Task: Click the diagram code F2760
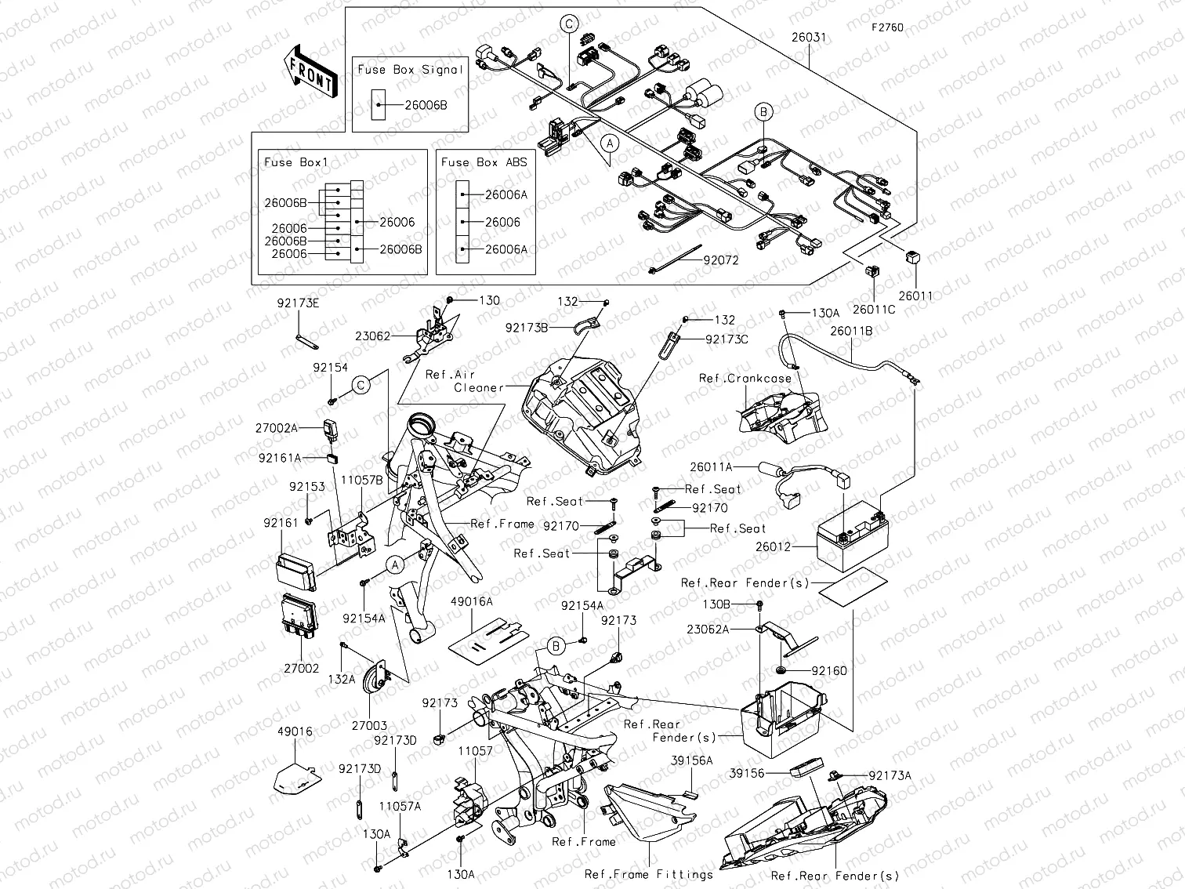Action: [x=887, y=27]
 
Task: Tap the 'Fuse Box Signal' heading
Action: [x=410, y=70]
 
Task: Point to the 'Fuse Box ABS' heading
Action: [x=484, y=162]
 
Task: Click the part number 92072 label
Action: [x=720, y=261]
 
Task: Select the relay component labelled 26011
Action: [x=915, y=258]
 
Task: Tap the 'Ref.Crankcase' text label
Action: [x=745, y=378]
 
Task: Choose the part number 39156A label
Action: [x=691, y=760]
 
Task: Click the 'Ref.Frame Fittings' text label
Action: [x=649, y=874]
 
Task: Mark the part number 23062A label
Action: [x=708, y=629]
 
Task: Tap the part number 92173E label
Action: [x=298, y=302]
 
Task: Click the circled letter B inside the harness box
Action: [x=763, y=112]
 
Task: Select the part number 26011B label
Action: [x=851, y=331]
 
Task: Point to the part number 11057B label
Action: [x=361, y=480]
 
